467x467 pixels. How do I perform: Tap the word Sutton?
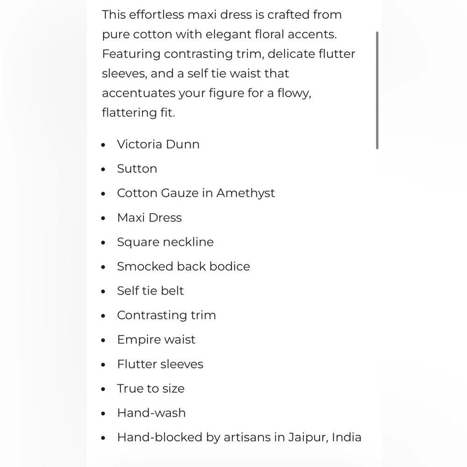pyautogui.click(x=137, y=169)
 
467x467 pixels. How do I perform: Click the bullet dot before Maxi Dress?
pyautogui.click(x=104, y=219)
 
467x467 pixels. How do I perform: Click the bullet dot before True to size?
pyautogui.click(x=104, y=389)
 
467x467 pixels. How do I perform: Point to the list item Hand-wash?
pyautogui.click(x=151, y=413)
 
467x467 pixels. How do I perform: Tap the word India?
pyautogui.click(x=347, y=437)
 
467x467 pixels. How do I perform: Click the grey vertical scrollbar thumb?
pyautogui.click(x=377, y=90)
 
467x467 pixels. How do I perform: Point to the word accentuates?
pyautogui.click(x=138, y=93)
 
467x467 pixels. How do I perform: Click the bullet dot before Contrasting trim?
pyautogui.click(x=104, y=316)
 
